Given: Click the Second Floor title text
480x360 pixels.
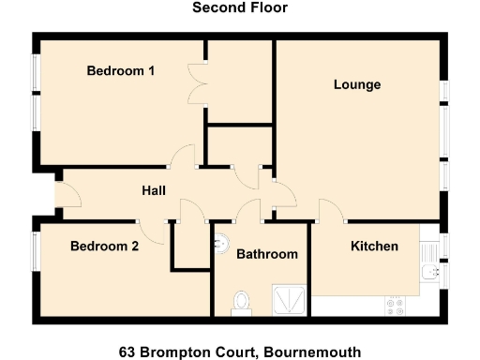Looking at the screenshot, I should tap(240, 7).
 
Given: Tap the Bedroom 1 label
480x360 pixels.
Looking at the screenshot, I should tap(121, 70).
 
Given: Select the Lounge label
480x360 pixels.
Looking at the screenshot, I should tap(357, 84).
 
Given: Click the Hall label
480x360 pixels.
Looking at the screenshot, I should tap(154, 190).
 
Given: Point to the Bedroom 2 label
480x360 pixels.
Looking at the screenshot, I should tap(105, 247).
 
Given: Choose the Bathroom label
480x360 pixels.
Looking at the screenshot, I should tap(266, 254).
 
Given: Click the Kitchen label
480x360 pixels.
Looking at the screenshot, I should tap(374, 247).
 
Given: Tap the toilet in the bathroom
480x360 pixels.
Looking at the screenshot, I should tap(243, 301).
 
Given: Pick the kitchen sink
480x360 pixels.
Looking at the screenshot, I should tap(428, 272).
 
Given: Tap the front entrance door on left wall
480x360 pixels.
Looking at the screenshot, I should tap(67, 194).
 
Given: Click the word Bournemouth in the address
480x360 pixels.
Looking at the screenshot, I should tap(312, 352).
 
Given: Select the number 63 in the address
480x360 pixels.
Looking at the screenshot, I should tap(127, 352).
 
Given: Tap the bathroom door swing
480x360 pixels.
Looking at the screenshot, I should tap(248, 212).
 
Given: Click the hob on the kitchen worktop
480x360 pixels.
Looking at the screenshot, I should tap(394, 307).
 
